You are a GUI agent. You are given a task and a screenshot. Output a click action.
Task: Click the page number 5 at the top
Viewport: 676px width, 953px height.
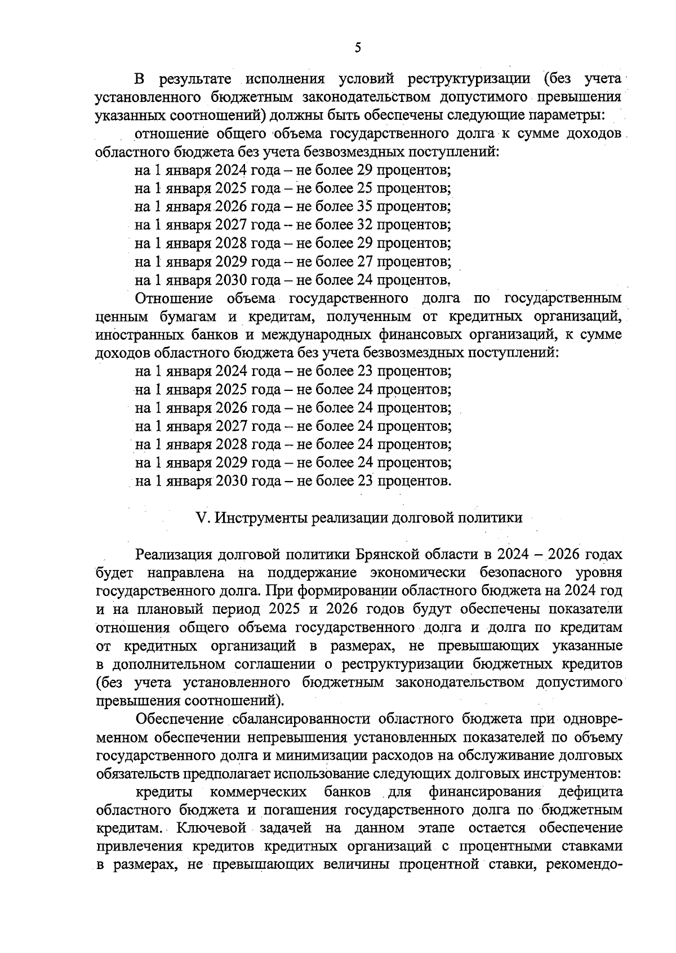click(x=358, y=48)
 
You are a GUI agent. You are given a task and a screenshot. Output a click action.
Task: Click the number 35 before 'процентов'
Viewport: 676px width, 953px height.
click(x=364, y=206)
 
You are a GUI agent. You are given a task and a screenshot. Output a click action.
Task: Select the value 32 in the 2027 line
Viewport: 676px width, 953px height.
click(x=364, y=225)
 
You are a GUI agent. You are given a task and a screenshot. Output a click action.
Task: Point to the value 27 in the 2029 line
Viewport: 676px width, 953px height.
click(x=364, y=261)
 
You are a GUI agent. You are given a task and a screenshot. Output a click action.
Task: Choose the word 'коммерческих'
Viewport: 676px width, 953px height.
click(x=258, y=792)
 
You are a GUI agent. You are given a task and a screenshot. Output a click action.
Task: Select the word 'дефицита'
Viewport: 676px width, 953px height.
click(x=590, y=792)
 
